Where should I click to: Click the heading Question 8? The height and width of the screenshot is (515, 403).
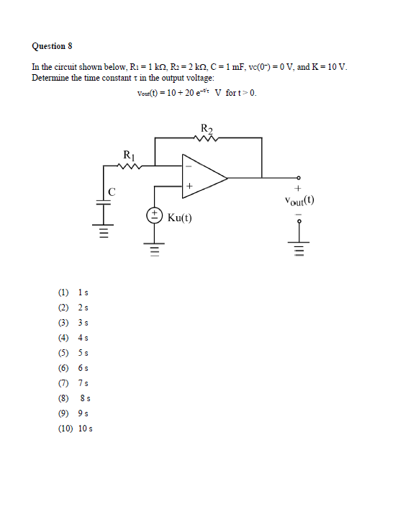coord(53,46)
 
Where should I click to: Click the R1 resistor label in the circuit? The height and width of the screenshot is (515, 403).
coord(129,154)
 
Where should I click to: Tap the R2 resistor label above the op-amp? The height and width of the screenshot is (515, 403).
coord(207,128)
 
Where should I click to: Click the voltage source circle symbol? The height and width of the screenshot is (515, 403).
coord(154,215)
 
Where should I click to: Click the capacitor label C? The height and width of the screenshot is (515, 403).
coord(111,191)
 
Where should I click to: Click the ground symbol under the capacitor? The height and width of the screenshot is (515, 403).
coord(103,233)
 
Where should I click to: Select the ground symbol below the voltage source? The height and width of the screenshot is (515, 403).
coord(154,250)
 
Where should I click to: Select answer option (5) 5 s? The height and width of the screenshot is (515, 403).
coord(73,352)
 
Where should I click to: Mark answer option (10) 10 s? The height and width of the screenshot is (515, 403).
coord(75,428)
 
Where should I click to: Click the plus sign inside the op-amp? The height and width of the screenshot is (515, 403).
coord(190,186)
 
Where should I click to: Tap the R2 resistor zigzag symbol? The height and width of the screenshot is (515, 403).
coord(207,138)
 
